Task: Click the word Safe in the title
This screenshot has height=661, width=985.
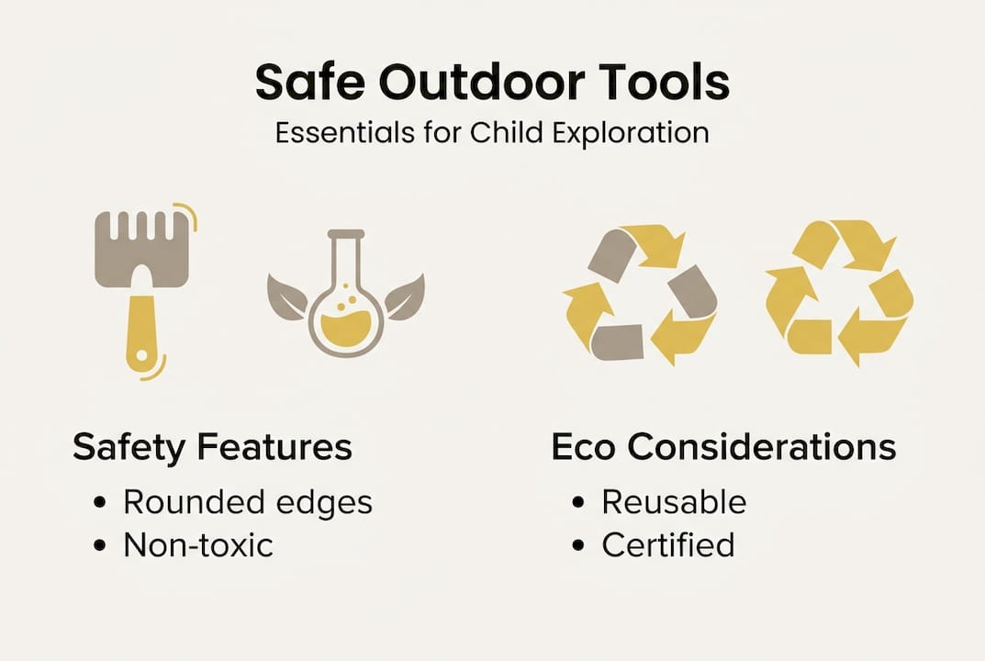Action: coord(308,84)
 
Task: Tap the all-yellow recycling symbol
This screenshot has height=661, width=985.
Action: coord(839,293)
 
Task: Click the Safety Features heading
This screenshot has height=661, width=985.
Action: coord(212,447)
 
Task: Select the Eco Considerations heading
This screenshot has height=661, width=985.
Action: coord(723,447)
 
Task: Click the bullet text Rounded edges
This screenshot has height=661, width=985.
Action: coord(248,503)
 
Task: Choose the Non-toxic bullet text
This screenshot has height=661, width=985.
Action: coord(198,545)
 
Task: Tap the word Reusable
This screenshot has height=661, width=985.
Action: coord(674,502)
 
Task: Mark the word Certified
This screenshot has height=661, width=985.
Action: coord(668,545)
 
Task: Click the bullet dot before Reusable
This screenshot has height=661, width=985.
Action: coord(577,503)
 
